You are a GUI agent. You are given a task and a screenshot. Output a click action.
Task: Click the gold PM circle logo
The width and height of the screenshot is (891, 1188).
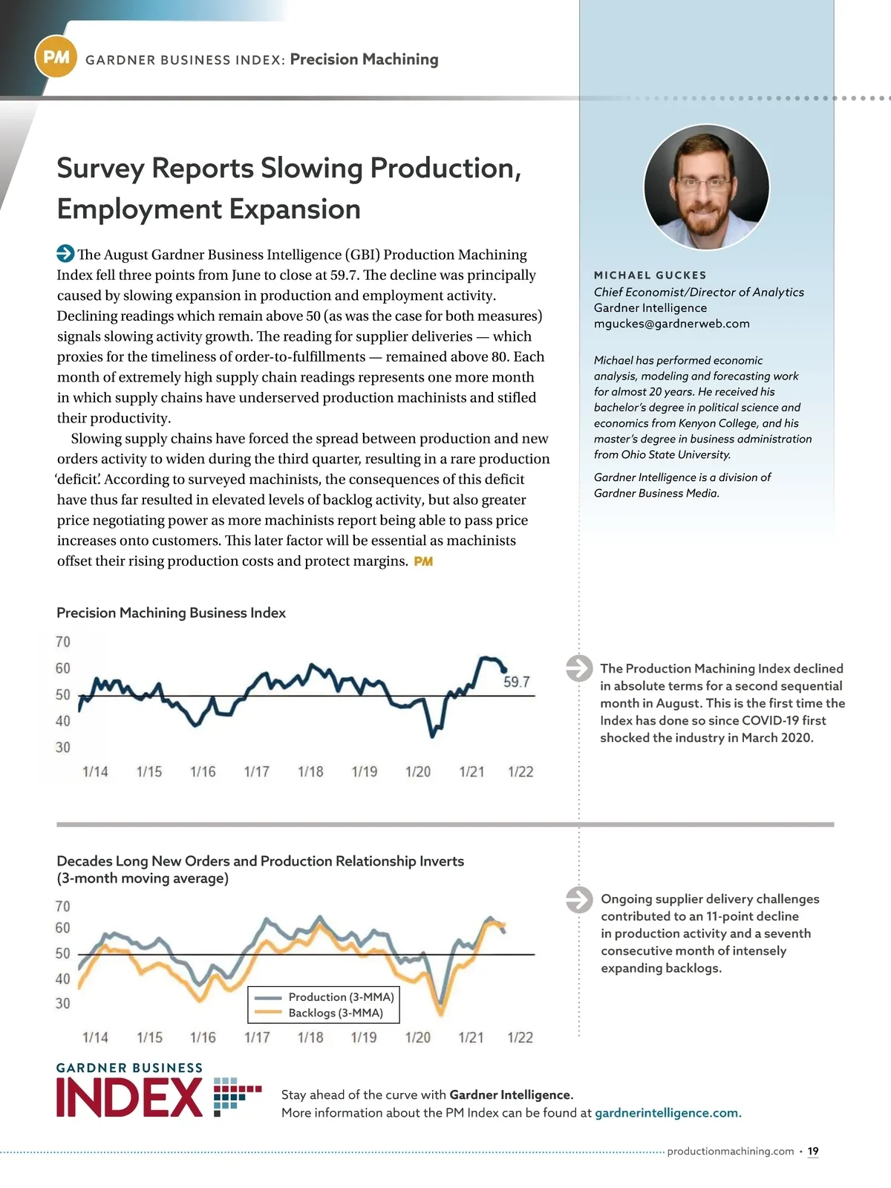point(56,57)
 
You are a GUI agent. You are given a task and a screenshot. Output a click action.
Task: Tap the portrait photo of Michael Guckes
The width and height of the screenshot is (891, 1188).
point(706,186)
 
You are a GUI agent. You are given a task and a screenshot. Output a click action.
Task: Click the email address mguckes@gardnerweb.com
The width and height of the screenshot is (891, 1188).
point(671,324)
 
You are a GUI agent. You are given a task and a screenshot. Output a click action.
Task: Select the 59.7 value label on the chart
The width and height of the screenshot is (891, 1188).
point(516,682)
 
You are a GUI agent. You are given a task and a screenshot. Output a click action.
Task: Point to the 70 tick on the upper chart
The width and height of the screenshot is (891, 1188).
point(63,642)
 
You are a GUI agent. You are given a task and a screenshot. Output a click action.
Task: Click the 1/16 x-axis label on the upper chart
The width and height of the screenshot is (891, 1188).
point(203,772)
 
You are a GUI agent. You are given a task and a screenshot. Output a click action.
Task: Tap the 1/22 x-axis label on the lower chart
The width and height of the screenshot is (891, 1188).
point(520,1037)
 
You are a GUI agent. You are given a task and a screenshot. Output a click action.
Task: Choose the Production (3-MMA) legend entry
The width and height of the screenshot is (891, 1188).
point(341,996)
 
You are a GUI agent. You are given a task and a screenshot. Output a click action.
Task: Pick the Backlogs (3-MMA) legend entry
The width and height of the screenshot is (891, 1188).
point(336,1013)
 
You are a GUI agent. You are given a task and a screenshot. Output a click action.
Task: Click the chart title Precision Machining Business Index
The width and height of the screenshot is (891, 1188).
point(171,613)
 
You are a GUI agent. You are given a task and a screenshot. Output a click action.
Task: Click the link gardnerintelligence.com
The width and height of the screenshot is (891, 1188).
point(668,1112)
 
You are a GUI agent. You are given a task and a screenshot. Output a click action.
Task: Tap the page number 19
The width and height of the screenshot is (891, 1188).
point(813,1151)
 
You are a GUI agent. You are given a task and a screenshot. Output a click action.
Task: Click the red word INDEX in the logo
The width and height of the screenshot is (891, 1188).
point(129,1098)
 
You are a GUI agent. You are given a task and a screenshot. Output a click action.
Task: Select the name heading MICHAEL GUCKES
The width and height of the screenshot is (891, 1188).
point(650,275)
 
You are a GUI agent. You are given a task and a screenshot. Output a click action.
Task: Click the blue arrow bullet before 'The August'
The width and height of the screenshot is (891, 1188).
point(65,254)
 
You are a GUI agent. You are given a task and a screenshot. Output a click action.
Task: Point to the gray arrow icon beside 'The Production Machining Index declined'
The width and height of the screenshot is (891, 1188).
point(579,668)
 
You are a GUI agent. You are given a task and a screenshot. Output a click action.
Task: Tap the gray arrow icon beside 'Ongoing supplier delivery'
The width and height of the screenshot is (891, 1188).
point(579,899)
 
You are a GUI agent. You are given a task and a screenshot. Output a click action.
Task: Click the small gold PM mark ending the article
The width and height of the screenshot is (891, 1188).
point(423,561)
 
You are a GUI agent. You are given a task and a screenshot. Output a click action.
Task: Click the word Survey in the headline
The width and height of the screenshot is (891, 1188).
point(100,169)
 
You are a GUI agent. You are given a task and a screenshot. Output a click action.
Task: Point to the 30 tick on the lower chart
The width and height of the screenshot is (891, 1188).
point(63,1003)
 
